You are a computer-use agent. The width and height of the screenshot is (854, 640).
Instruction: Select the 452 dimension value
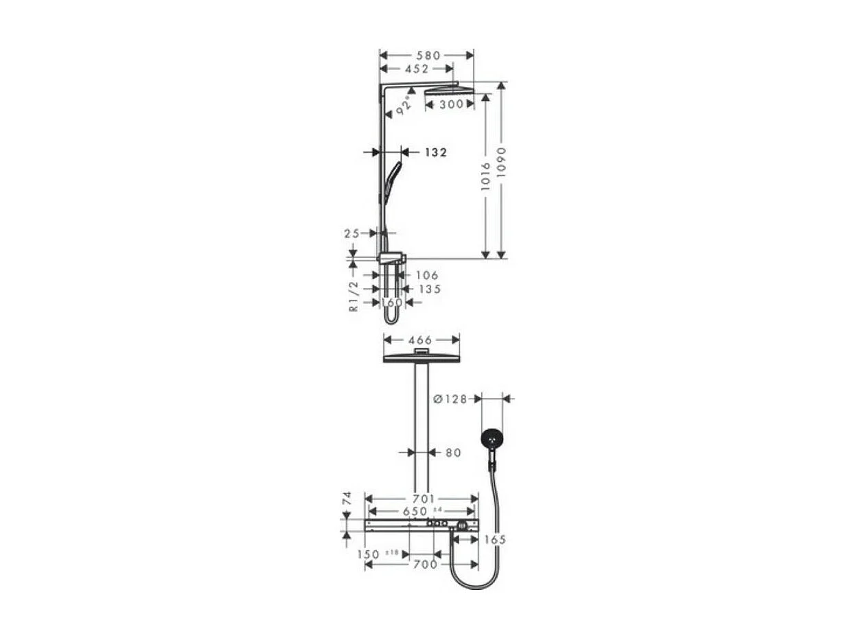(x=417, y=69)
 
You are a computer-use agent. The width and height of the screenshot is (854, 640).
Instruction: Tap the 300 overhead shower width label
(x=451, y=104)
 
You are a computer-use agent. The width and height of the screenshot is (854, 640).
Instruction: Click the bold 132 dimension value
(x=435, y=152)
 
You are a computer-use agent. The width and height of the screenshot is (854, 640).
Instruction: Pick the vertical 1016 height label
(x=486, y=176)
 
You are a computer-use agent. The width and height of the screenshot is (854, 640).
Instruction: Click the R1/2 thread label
(x=354, y=296)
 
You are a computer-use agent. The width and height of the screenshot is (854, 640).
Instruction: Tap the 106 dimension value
(x=426, y=275)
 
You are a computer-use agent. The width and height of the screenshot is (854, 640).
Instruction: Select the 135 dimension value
(x=429, y=289)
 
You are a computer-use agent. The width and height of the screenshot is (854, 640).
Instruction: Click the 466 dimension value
(x=420, y=340)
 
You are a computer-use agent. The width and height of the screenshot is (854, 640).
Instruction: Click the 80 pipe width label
(x=453, y=453)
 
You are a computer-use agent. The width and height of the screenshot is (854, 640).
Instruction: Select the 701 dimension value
(x=424, y=499)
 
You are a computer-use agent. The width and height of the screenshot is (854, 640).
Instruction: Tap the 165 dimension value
(x=494, y=540)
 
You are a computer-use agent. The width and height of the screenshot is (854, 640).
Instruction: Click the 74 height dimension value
(x=347, y=499)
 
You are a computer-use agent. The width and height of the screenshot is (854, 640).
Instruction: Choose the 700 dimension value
(x=426, y=565)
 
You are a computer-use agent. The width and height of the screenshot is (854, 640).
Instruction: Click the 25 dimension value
(x=351, y=234)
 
